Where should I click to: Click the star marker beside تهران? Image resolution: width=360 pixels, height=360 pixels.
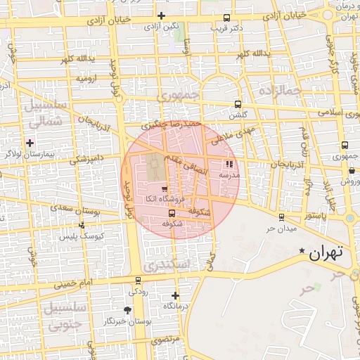coord(302,251)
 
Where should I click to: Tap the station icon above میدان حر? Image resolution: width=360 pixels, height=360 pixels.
coord(281,217)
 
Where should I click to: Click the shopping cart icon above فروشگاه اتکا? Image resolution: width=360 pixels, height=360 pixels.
coord(164,188)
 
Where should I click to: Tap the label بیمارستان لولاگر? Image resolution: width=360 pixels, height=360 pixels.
coord(29,153)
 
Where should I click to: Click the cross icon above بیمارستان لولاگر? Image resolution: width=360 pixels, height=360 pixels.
coord(30,143)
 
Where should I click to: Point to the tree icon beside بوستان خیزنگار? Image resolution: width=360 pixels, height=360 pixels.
coord(127,310)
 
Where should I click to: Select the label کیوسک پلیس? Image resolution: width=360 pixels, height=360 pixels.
coord(84,236)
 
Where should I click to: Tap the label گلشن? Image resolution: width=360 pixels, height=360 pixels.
coord(238,114)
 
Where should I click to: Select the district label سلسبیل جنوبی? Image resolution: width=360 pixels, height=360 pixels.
coord(63,316)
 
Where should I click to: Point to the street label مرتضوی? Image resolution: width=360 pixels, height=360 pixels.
coord(166,339)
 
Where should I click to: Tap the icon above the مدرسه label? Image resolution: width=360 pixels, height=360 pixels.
coord(229,164)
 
